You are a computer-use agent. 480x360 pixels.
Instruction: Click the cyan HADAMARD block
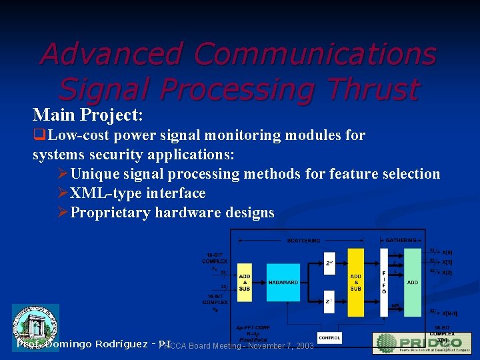pos(283,282)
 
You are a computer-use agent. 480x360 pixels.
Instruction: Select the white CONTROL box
pos(330,338)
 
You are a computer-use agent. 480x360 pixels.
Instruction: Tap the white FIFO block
pos(383,282)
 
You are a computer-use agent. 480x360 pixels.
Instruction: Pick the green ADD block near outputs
pos(413,282)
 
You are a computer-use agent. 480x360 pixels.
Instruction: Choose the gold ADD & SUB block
pos(356,282)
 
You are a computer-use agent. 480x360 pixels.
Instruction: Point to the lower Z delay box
pos(329,301)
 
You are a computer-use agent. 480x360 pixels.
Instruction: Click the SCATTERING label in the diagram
pos(303,240)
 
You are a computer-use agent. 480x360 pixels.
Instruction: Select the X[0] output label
pos(447,253)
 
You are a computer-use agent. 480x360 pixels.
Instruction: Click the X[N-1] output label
pos(449,312)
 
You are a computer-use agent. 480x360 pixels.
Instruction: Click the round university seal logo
pos(35,326)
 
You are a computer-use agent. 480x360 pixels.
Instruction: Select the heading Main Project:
pos(88,115)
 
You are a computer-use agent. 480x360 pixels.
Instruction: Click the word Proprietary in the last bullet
pos(110,213)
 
